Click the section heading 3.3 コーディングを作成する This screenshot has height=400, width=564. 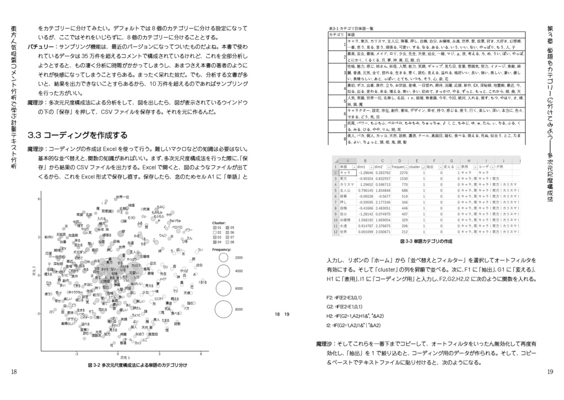coord(77,135)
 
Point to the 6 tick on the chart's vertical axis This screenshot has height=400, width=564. coord(39,198)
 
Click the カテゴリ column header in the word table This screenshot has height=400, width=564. coord(335,34)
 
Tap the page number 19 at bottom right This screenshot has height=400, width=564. coord(550,372)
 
